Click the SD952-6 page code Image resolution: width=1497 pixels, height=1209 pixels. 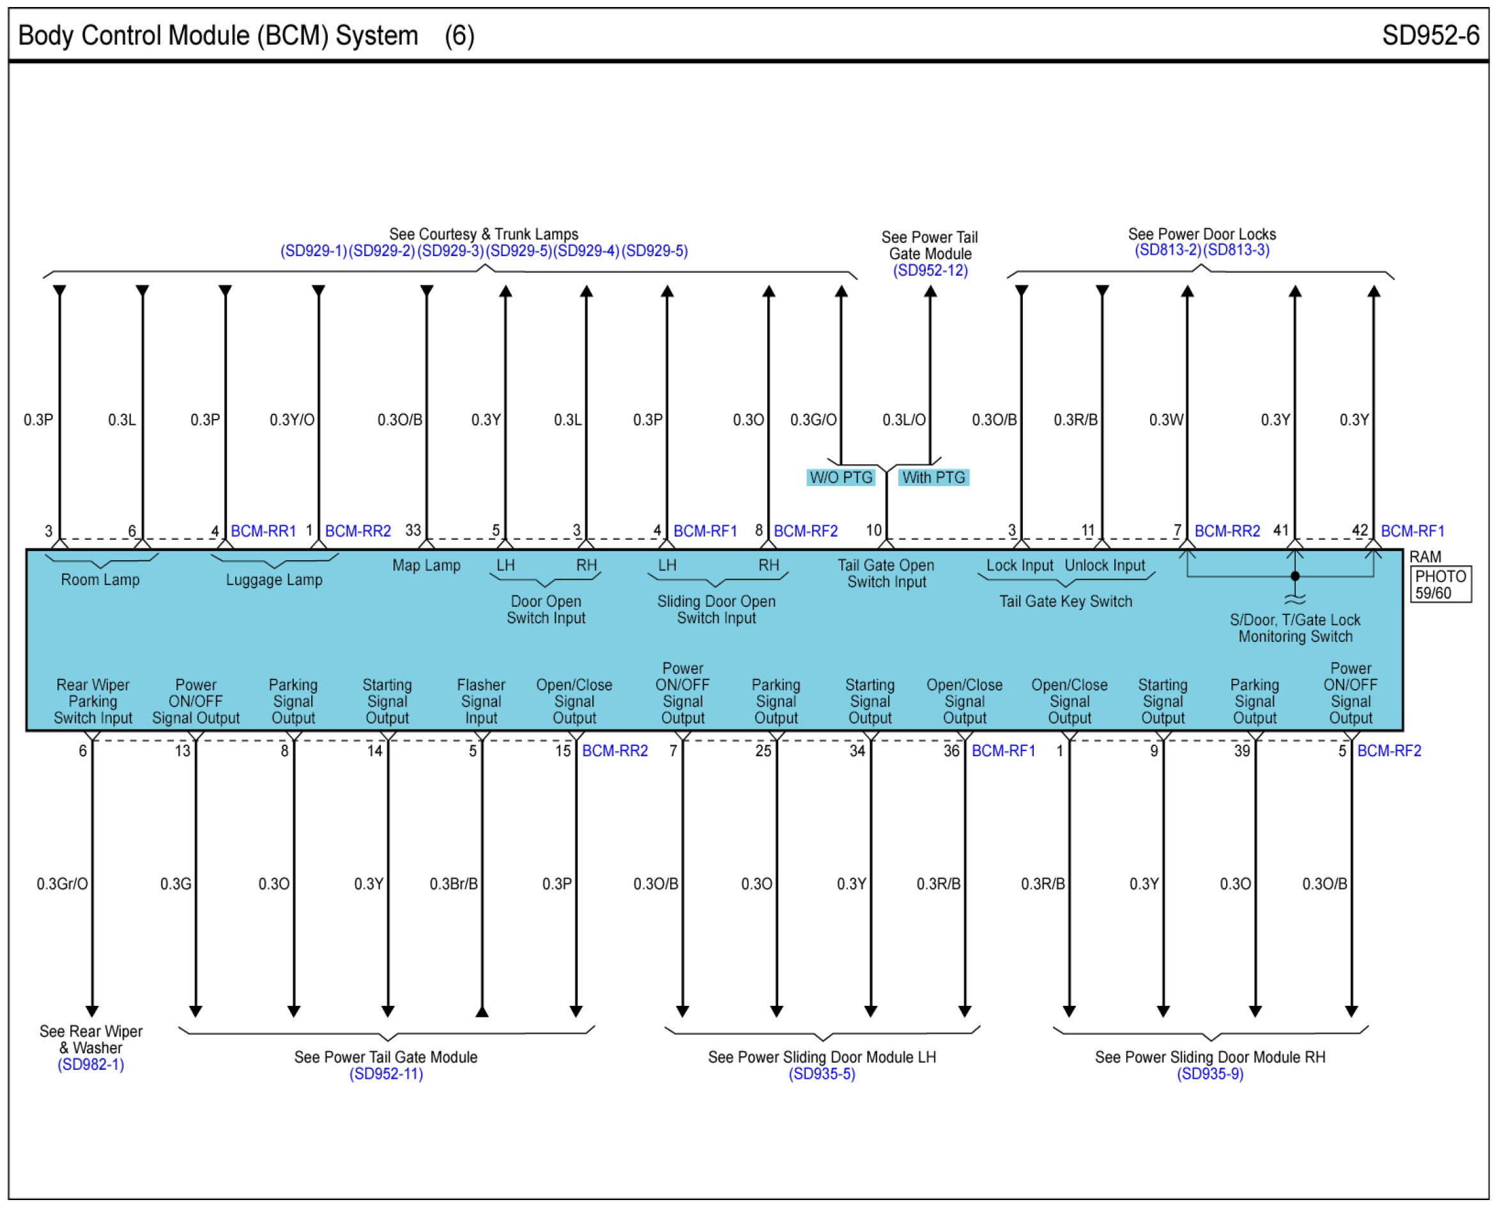click(x=1430, y=35)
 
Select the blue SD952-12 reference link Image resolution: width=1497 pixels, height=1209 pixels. click(x=930, y=270)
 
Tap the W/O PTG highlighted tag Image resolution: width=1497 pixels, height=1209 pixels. click(x=841, y=477)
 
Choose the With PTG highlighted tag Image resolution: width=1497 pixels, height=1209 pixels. click(x=933, y=477)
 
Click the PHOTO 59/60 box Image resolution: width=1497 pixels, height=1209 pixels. click(x=1441, y=584)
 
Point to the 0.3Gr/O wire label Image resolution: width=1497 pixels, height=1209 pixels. click(x=62, y=884)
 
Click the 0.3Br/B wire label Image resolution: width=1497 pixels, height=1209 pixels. click(x=454, y=884)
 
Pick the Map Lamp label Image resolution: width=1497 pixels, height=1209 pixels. click(x=426, y=565)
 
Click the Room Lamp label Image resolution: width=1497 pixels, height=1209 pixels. click(x=100, y=579)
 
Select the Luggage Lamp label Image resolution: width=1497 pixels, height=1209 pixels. click(x=273, y=579)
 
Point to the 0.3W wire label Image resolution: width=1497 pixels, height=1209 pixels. click(x=1166, y=420)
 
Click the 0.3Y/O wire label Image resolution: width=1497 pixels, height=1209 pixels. click(x=292, y=420)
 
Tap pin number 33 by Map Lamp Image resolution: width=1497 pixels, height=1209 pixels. click(x=413, y=530)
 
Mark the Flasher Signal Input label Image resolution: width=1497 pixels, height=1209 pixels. click(x=480, y=701)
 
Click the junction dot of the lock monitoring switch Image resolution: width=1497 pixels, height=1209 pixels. click(x=1295, y=576)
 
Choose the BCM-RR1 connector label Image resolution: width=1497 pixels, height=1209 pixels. click(x=263, y=531)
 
